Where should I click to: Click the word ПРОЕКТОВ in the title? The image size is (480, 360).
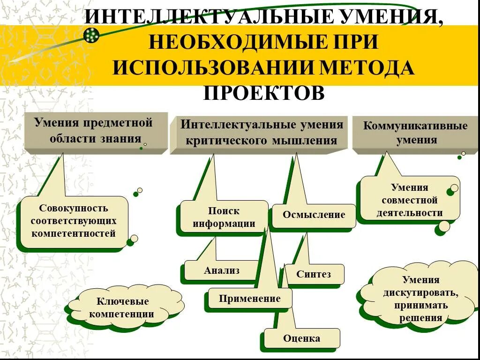[x=263, y=92]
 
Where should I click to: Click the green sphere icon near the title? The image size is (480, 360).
[x=92, y=35]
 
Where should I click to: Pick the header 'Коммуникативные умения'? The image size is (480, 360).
[x=415, y=133]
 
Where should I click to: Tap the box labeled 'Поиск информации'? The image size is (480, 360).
[x=224, y=217]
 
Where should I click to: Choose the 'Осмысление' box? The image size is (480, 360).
[x=314, y=215]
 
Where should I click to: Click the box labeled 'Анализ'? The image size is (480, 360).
[x=221, y=270]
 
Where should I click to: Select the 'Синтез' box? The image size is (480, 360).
[x=313, y=274]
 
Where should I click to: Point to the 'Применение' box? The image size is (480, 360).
[x=250, y=299]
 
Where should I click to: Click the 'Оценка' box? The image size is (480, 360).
[x=301, y=338]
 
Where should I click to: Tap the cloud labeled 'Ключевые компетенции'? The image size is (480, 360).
[x=123, y=307]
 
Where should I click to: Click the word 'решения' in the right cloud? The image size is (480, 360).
[x=420, y=318]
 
